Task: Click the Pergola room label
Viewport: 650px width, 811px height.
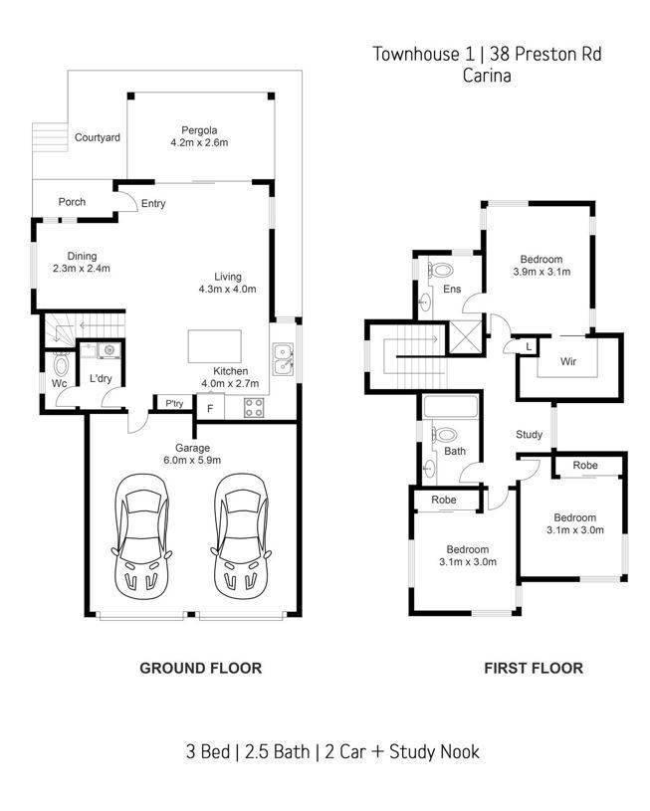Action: pyautogui.click(x=199, y=130)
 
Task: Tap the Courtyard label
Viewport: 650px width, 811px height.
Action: pyautogui.click(x=98, y=137)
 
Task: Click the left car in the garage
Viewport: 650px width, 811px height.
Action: pyautogui.click(x=141, y=536)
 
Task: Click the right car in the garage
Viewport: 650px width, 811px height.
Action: pyautogui.click(x=241, y=536)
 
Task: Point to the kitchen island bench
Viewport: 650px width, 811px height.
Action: pyautogui.click(x=214, y=346)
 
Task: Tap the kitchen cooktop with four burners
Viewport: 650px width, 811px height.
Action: pyautogui.click(x=254, y=408)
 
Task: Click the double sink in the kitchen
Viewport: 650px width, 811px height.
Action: pyautogui.click(x=283, y=359)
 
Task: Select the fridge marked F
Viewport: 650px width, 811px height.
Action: pyautogui.click(x=210, y=408)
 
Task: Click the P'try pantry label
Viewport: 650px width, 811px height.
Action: pyautogui.click(x=174, y=403)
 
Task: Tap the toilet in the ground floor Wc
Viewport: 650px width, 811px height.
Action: pyautogui.click(x=61, y=365)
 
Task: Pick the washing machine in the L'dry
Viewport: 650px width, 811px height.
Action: pyautogui.click(x=109, y=350)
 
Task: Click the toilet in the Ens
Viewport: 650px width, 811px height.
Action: pyautogui.click(x=440, y=270)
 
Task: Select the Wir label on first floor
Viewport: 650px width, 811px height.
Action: pyautogui.click(x=568, y=361)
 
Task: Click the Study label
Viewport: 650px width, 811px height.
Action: pyautogui.click(x=529, y=435)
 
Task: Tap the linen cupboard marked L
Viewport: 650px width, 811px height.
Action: pyautogui.click(x=529, y=346)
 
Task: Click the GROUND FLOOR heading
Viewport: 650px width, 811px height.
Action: pyautogui.click(x=201, y=668)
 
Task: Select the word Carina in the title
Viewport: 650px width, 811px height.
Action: pyautogui.click(x=487, y=76)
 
